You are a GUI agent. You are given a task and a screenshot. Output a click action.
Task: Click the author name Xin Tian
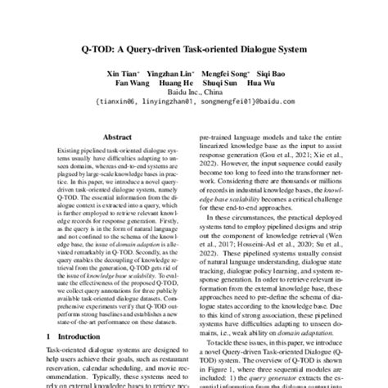tap(120, 73)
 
